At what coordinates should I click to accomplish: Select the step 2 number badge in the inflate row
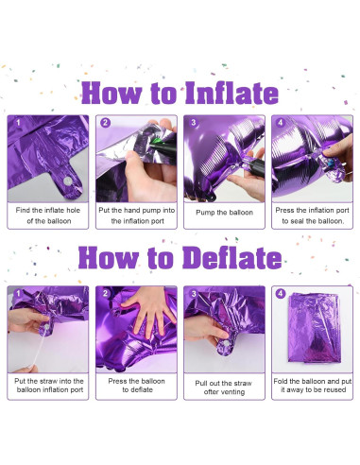[105, 122]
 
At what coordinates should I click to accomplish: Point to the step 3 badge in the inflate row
[193, 122]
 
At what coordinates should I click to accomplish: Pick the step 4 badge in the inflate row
[281, 122]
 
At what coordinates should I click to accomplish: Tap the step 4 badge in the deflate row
[281, 293]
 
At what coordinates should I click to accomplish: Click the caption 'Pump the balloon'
[225, 212]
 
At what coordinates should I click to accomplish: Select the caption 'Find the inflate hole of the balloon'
[48, 215]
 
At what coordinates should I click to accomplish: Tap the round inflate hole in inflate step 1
[67, 179]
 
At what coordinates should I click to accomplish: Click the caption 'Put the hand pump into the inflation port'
[137, 215]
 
